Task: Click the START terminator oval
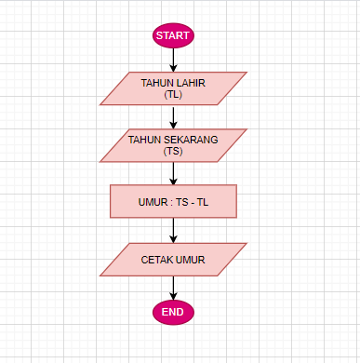173,35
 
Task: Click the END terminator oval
173,312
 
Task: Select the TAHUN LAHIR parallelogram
173,88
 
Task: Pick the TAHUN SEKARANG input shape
173,144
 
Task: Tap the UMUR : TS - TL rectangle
173,201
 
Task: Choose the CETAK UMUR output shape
173,260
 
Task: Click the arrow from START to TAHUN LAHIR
173,60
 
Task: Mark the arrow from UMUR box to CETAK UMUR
173,231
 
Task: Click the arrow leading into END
173,288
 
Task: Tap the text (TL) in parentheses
174,95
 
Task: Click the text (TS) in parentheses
173,151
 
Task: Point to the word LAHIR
191,83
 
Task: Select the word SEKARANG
193,140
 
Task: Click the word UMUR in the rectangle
153,201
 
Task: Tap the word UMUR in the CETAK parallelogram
191,260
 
